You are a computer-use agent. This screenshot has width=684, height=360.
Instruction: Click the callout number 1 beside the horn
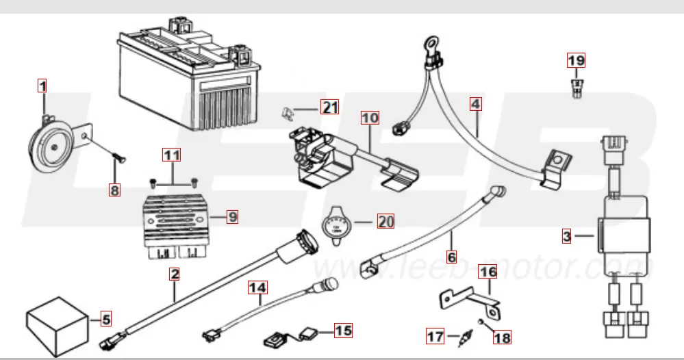click(x=42, y=87)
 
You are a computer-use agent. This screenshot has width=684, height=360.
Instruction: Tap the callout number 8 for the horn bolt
click(x=115, y=190)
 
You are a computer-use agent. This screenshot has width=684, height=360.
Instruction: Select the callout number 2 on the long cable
click(x=175, y=275)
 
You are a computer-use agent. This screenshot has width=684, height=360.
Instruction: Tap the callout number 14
click(x=257, y=290)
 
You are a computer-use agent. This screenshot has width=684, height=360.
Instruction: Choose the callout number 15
click(x=342, y=331)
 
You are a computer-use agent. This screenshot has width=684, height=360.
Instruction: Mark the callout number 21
click(x=331, y=107)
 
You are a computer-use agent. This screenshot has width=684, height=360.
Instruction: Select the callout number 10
click(x=370, y=118)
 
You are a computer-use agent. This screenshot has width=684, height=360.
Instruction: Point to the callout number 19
click(x=577, y=60)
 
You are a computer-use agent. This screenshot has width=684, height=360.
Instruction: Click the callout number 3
click(x=566, y=237)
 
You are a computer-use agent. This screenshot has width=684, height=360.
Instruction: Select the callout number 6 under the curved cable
click(x=451, y=257)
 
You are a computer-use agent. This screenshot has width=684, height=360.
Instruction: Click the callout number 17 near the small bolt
click(x=435, y=336)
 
